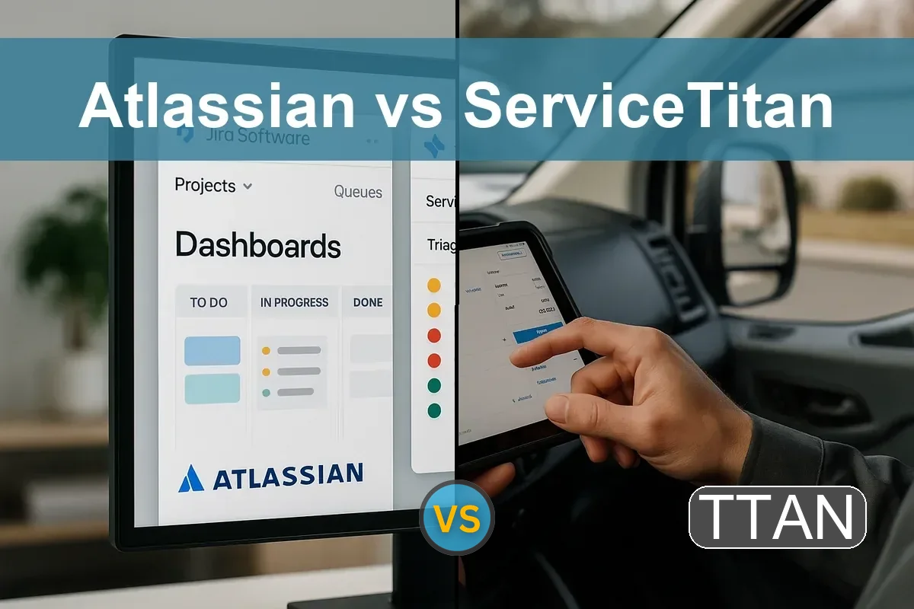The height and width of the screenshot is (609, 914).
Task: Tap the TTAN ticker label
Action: pos(778,518)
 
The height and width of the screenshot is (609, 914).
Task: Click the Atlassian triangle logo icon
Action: pos(191,477)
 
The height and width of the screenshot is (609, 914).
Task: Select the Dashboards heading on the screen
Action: pos(257,245)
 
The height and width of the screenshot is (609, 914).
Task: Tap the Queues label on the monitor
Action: pos(358,192)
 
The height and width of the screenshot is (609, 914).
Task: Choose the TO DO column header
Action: pos(209,302)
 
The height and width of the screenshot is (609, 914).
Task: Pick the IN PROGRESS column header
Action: pos(294,302)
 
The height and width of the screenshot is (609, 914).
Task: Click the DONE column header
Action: pos(368,302)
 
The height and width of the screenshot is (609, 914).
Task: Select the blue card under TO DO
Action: pos(213,350)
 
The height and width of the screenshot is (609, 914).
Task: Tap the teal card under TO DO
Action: pos(213,388)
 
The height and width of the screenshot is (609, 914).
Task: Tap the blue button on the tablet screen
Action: pos(537,333)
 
